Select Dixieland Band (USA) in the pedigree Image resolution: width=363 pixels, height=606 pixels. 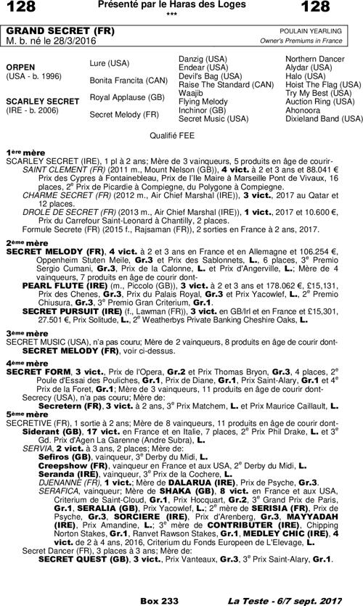click(324, 118)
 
